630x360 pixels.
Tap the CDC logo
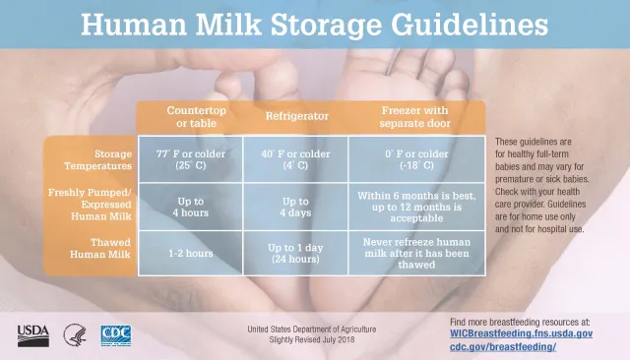click(x=116, y=333)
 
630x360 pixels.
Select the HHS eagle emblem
click(x=75, y=333)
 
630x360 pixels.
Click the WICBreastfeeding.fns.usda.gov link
click(x=521, y=334)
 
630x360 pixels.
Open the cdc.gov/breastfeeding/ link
click(x=503, y=347)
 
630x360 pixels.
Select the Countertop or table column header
click(x=197, y=116)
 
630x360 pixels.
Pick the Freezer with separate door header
click(x=414, y=116)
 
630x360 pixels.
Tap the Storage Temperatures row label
click(x=92, y=159)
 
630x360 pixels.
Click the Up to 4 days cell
click(x=295, y=206)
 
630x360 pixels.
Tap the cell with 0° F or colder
click(x=416, y=159)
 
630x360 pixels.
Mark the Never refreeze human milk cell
click(x=416, y=253)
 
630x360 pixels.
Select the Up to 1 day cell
click(x=295, y=253)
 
